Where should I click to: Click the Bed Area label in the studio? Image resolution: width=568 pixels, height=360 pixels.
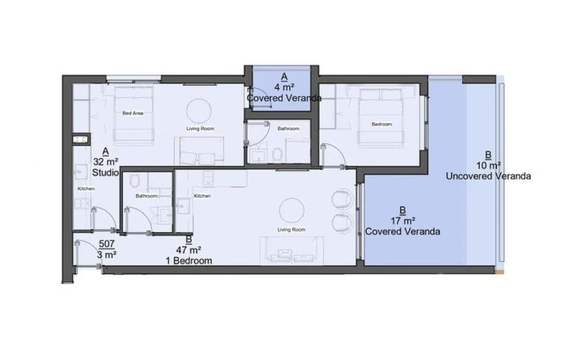click(132, 113)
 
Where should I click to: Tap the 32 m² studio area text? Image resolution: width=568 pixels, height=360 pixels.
click(106, 161)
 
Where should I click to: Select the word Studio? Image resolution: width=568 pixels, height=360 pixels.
click(106, 172)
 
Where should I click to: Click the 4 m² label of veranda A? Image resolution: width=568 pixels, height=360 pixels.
click(284, 87)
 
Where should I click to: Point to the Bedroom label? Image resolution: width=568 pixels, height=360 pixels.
click(382, 124)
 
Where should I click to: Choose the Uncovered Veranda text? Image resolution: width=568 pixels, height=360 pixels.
click(488, 176)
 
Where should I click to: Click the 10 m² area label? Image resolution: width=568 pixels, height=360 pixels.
click(488, 166)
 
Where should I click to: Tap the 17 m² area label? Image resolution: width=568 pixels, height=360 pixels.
click(402, 220)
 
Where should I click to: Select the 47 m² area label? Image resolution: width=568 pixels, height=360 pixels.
click(189, 251)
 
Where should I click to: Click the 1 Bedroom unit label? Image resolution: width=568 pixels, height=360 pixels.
click(189, 261)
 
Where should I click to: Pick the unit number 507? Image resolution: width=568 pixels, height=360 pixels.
click(106, 244)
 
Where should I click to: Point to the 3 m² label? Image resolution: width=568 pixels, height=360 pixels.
click(106, 255)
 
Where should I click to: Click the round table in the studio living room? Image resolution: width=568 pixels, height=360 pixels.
click(197, 110)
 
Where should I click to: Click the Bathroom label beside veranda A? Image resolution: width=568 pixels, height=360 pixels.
click(288, 129)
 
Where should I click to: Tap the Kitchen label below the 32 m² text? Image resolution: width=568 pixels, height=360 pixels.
click(87, 189)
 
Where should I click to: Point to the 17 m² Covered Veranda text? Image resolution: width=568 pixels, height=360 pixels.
click(402, 231)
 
